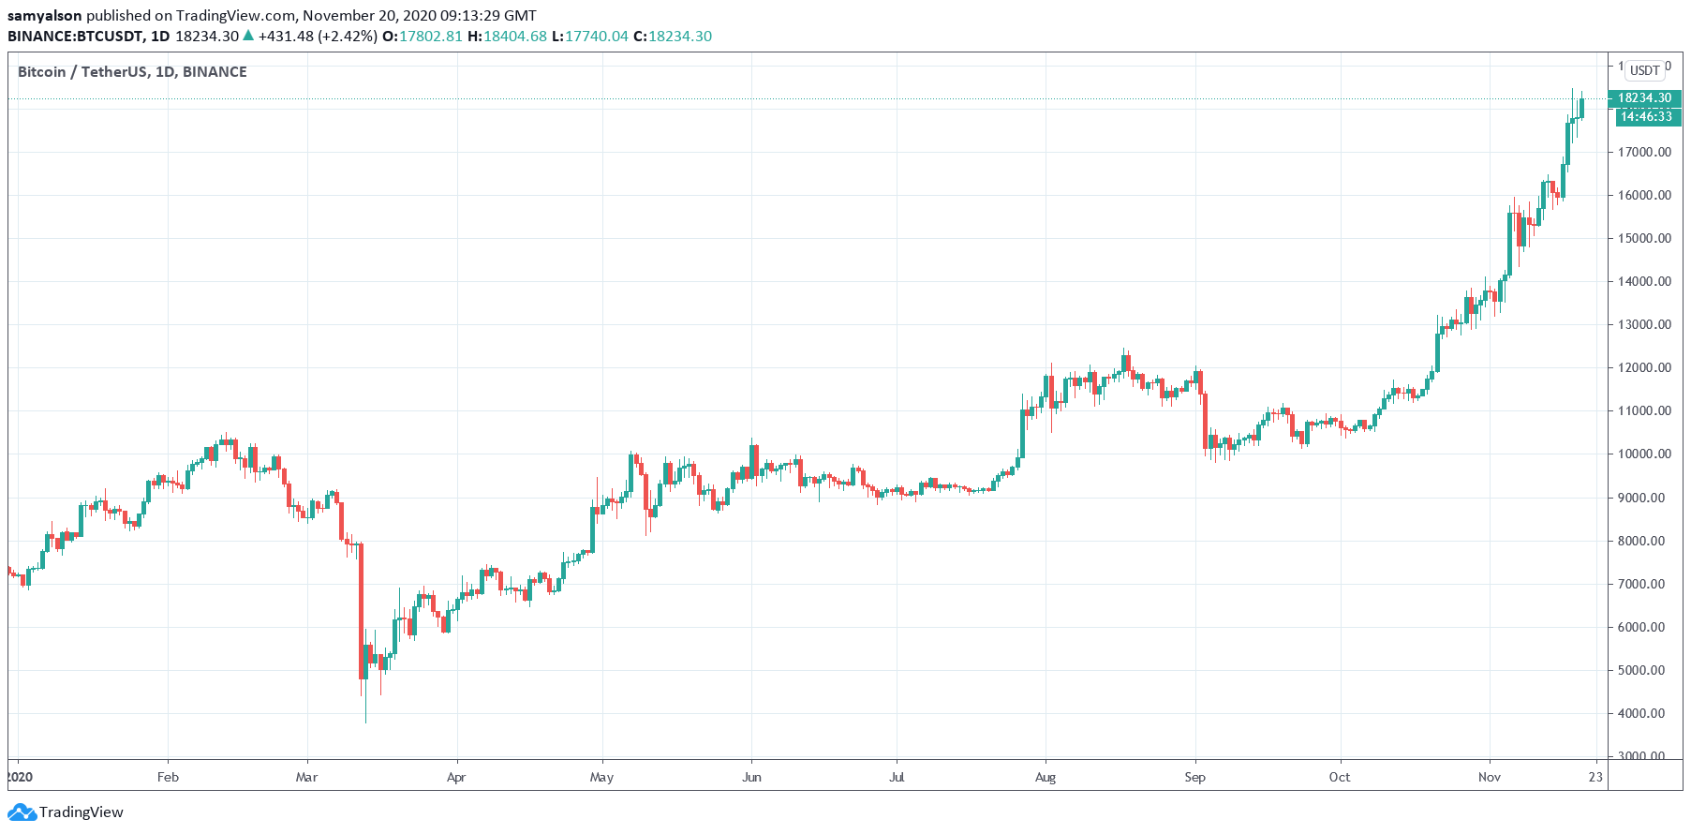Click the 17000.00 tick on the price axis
1644,152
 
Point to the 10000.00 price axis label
1644,454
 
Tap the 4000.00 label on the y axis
1644,713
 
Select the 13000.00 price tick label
1644,324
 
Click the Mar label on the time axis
306,777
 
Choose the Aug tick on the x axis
1046,777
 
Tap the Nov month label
1489,777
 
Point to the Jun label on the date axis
751,777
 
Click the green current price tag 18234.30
1644,97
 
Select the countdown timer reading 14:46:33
1646,116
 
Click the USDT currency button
1644,70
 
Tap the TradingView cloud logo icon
23,812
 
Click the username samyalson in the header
44,16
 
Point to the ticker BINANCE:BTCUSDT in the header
75,37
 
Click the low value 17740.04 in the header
596,37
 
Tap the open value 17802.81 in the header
431,37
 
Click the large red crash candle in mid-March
361,609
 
